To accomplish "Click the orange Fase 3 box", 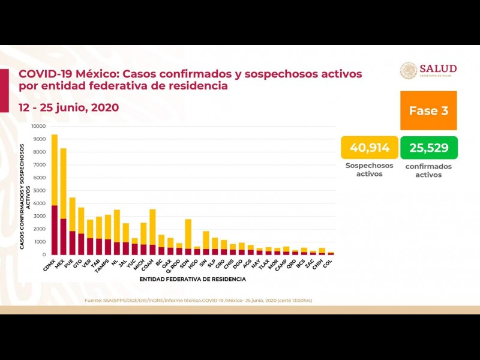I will click(428, 111).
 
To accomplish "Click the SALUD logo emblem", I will click(409, 70).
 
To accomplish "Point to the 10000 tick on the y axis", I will click(38, 127).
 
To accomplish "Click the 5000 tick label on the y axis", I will click(40, 191).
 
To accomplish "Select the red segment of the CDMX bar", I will click(55, 230).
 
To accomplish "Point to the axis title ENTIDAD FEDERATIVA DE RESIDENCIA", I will click(193, 279).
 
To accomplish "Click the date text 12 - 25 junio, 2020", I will click(68, 107).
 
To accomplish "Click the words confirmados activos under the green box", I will click(428, 170).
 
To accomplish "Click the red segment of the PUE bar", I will click(72, 242).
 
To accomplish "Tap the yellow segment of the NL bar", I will click(117, 226).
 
